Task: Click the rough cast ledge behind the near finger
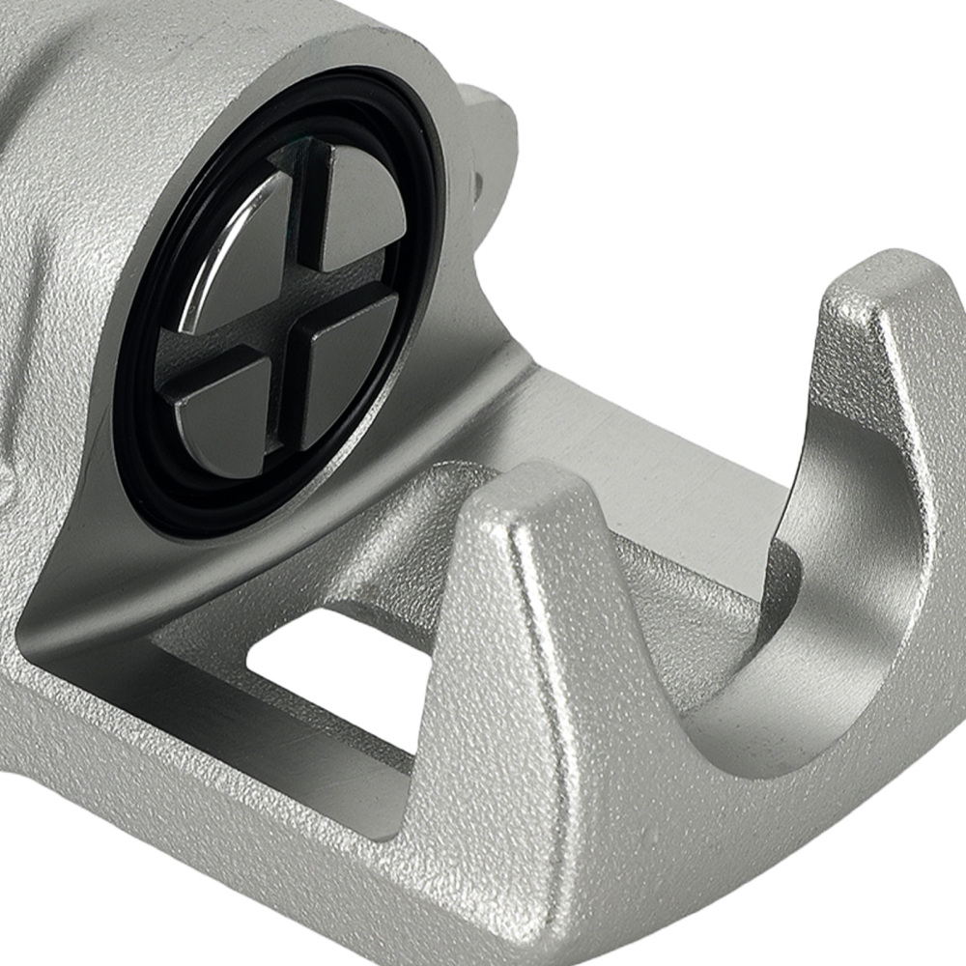tap(676, 599)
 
